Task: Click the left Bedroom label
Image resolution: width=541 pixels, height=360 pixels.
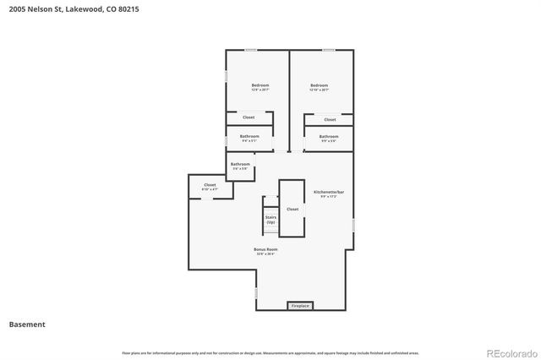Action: (x=260, y=85)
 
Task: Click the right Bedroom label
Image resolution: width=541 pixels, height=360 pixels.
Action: (x=319, y=85)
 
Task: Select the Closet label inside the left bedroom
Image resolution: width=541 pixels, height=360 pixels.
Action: (x=249, y=117)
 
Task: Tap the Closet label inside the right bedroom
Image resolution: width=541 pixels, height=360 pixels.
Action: (x=330, y=120)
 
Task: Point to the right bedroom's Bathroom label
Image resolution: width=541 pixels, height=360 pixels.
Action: (x=329, y=137)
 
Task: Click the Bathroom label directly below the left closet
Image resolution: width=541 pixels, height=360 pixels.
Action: (x=249, y=136)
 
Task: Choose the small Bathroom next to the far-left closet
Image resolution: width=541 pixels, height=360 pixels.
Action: (x=240, y=164)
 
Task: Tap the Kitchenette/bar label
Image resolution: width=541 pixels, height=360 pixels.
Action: (x=329, y=193)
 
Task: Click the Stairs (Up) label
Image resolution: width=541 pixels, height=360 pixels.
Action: (x=270, y=219)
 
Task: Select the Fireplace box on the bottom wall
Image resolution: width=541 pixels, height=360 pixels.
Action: (x=300, y=305)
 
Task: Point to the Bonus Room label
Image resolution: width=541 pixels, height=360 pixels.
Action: (x=265, y=250)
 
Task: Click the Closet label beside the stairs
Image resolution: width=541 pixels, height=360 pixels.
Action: (x=292, y=209)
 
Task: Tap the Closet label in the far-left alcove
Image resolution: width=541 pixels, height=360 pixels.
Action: (x=210, y=185)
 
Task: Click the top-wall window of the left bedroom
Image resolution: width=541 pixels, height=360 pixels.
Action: (x=251, y=50)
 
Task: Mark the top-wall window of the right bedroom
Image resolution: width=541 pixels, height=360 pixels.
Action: (x=328, y=50)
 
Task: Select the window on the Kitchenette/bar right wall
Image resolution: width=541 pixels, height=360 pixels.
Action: (x=353, y=224)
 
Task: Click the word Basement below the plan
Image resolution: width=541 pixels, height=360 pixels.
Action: (x=27, y=325)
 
